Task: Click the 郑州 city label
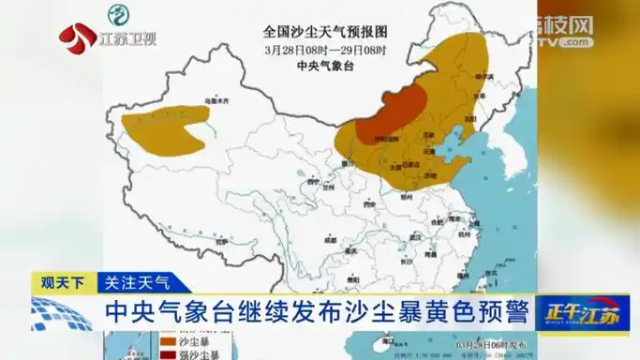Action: click(x=409, y=198)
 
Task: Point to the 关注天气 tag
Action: click(x=137, y=281)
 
